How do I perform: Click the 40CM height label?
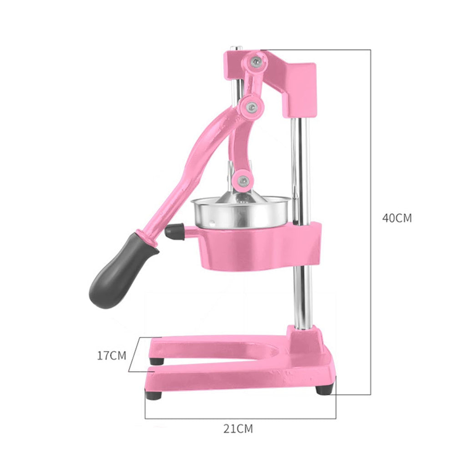click(x=396, y=218)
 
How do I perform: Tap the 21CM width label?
click(x=238, y=428)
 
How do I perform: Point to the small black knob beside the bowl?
click(x=174, y=232)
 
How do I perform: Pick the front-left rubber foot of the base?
click(x=154, y=395)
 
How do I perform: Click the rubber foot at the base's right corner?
click(x=324, y=390)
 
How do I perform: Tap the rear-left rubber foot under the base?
click(x=157, y=361)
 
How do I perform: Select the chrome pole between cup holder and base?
click(x=303, y=296)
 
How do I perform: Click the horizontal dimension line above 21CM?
click(x=240, y=418)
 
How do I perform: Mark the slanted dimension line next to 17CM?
click(x=132, y=355)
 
